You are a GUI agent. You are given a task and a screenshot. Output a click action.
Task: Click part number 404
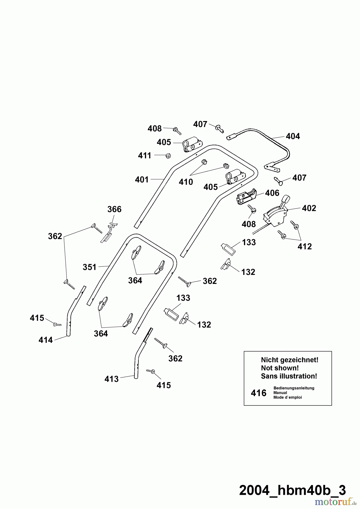pos(293,136)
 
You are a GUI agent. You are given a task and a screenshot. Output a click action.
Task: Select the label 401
pos(142,180)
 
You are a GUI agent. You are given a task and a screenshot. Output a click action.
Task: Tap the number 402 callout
pos(309,208)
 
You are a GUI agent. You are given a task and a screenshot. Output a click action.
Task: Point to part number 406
pos(272,193)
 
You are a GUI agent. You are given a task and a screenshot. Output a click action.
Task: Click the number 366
pos(114,209)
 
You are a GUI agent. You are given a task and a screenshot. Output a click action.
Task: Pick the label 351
pos(89,267)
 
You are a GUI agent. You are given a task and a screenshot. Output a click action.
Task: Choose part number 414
pos(46,340)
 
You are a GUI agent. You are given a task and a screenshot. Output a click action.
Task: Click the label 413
pos(112,379)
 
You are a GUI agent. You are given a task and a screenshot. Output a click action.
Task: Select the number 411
pos(145,156)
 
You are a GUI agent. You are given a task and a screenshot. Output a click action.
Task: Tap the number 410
pos(186,182)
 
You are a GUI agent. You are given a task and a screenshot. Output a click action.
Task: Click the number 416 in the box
pos(259,393)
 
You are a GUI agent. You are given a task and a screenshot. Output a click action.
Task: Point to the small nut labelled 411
pos(168,156)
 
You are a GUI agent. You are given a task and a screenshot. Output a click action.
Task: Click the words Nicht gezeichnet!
pos(290,360)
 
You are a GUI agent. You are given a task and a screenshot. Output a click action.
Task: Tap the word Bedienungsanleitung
pos(294,388)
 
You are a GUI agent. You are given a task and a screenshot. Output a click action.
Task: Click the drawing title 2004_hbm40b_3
pos(292,490)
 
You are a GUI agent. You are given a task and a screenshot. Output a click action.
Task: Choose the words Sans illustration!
pos(289,376)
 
